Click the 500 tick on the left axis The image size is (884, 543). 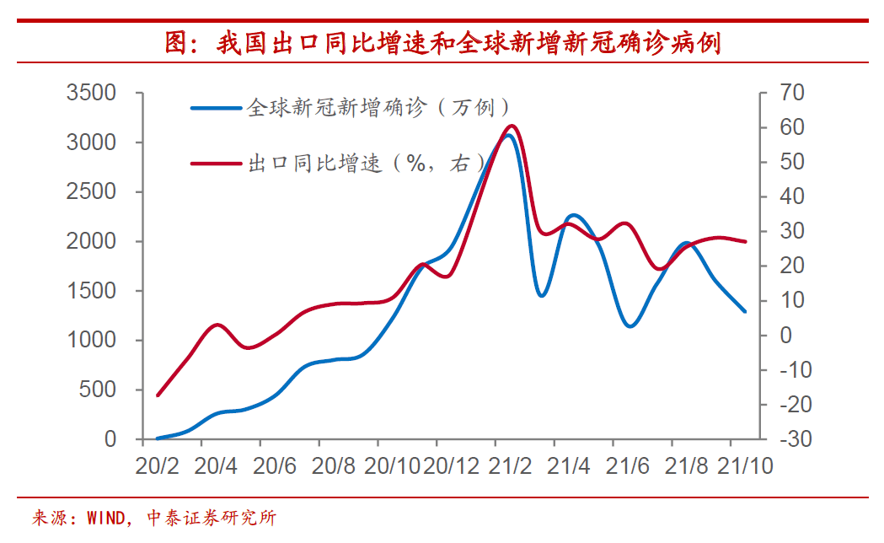99,390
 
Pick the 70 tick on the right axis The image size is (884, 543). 796,93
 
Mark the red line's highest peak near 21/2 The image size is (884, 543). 511,126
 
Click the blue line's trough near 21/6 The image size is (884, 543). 630,325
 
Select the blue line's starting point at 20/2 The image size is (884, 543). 158,438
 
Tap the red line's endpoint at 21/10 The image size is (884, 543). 745,242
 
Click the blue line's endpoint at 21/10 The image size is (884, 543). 745,311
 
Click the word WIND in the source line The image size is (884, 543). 106,518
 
